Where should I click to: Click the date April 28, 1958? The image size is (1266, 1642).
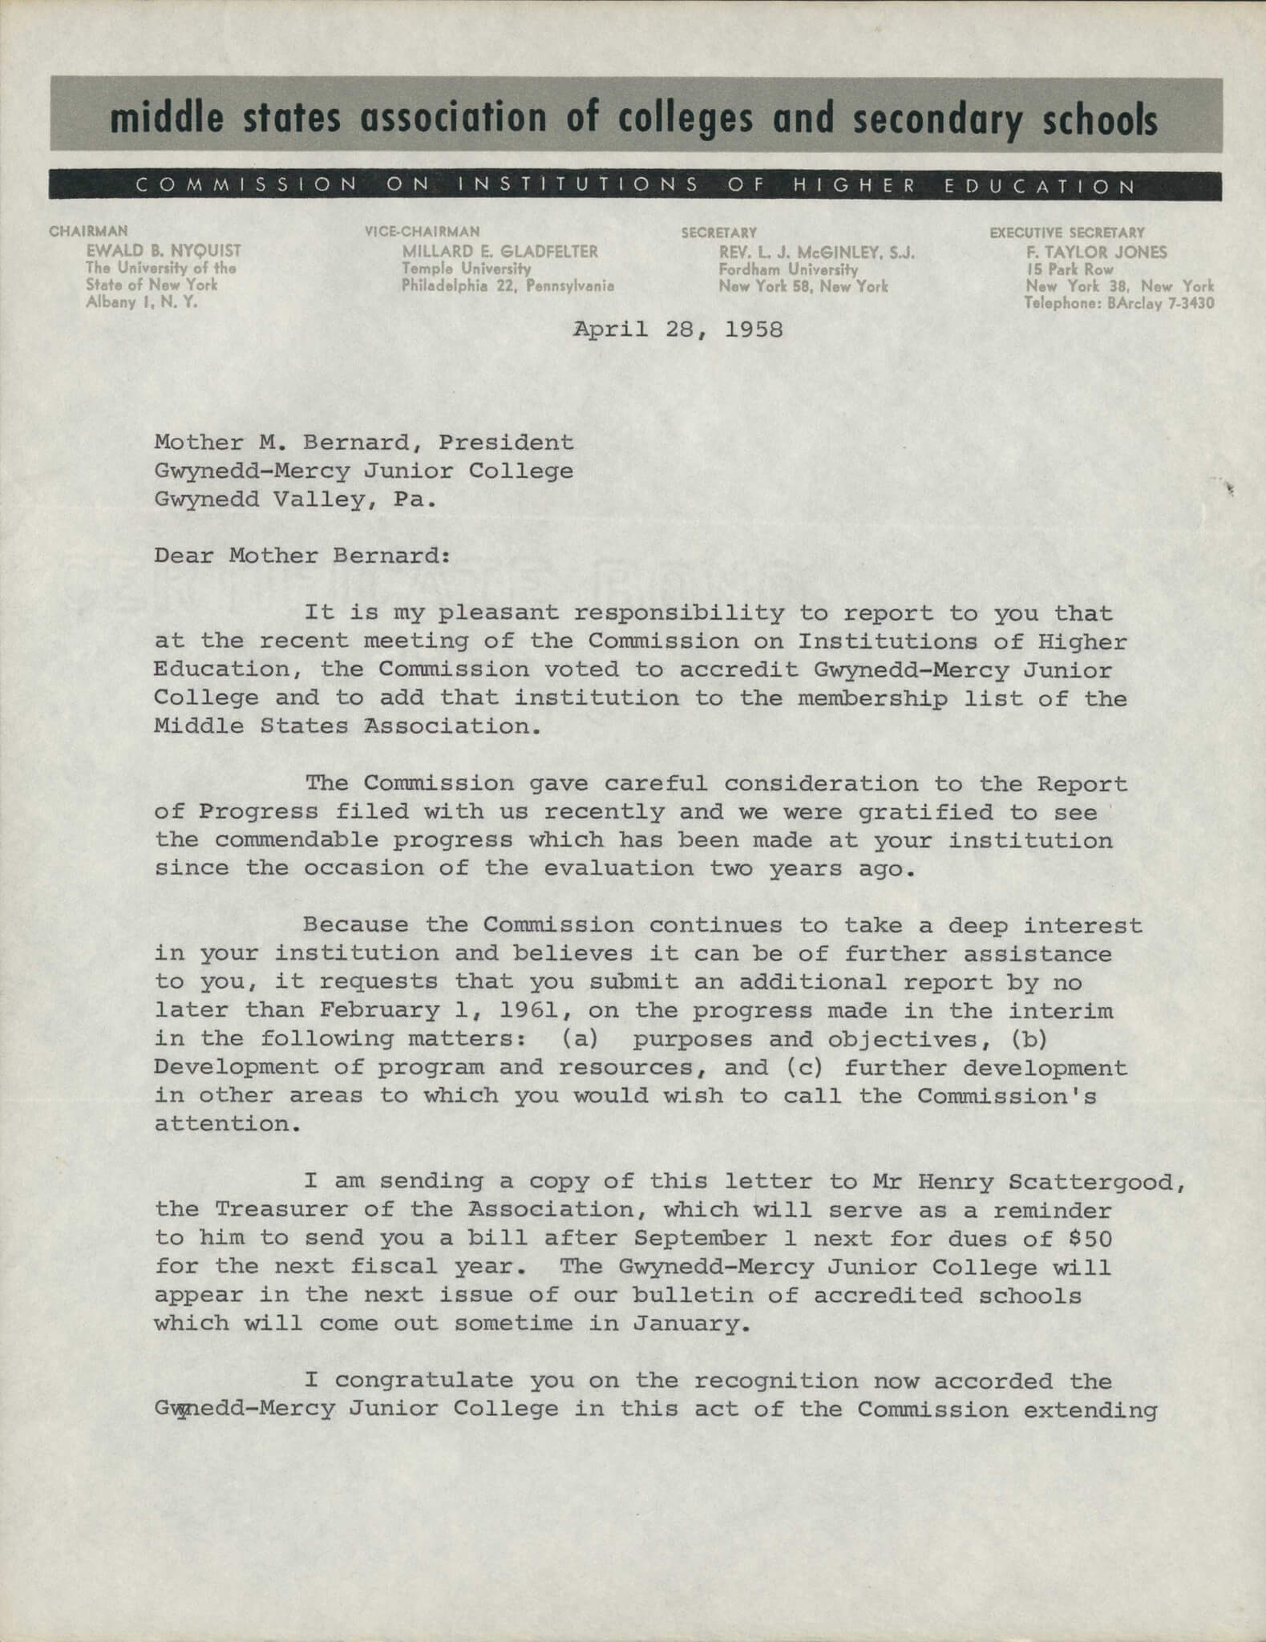[677, 330]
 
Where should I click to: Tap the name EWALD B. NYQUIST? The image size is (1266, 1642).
[164, 251]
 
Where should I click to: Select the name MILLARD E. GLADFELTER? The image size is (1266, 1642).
[500, 252]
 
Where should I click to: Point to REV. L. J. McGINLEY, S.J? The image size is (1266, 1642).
[817, 253]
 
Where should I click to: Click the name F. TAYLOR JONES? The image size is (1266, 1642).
[1097, 253]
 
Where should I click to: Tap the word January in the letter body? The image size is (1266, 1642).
[691, 1324]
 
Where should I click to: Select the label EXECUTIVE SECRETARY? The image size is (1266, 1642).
[1067, 233]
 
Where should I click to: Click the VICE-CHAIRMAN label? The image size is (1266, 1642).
[423, 233]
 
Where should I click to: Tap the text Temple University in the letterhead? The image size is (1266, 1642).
[467, 269]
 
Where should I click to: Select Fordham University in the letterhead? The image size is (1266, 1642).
[788, 269]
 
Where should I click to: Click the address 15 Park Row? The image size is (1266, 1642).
[1070, 269]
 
